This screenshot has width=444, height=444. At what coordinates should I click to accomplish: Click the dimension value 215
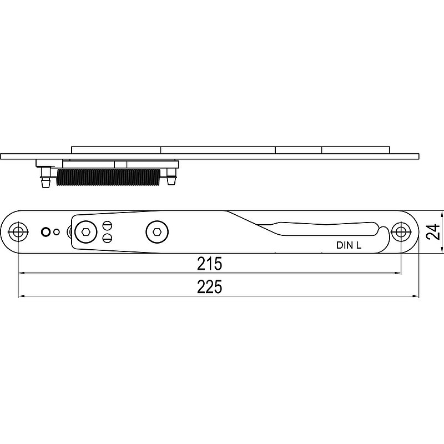210,264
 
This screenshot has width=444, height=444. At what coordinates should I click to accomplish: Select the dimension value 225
210,287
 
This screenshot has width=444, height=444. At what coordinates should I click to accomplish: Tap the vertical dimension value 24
433,232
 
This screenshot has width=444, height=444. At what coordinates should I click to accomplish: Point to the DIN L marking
349,245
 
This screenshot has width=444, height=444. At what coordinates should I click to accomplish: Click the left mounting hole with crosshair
18,232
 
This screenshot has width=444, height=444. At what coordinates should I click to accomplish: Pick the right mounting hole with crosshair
401,232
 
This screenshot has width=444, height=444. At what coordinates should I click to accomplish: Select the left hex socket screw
86,232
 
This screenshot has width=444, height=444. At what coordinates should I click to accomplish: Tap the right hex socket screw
157,232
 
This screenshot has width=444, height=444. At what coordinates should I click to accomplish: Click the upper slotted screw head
107,226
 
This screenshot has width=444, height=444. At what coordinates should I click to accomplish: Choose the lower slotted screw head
107,238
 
